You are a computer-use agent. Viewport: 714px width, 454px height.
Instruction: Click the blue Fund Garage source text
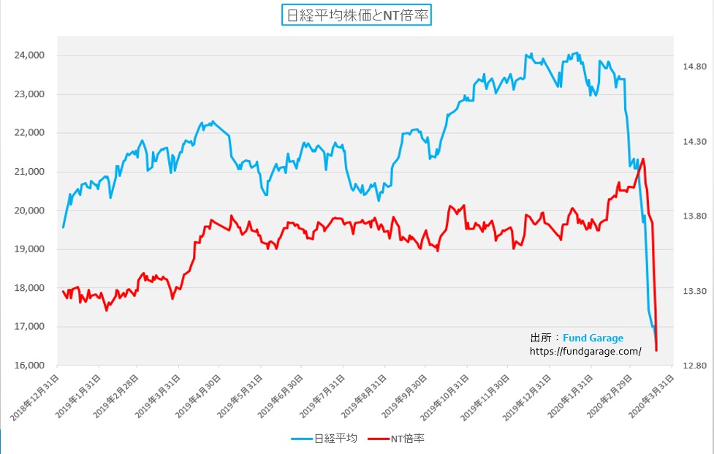pyautogui.click(x=593, y=338)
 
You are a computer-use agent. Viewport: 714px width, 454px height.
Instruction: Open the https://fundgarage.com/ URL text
pyautogui.click(x=585, y=351)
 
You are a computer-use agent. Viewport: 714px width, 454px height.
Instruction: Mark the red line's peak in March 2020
pyautogui.click(x=642, y=159)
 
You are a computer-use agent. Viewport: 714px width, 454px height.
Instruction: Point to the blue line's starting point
pyautogui.click(x=63, y=227)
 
